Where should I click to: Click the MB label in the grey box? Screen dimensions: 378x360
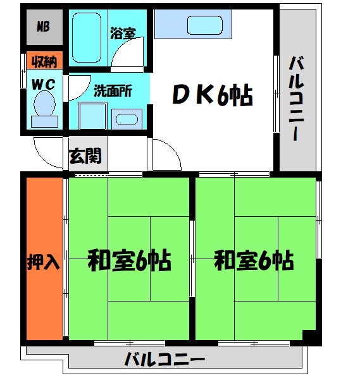pos(43,27)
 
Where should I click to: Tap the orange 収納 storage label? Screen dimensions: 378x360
pos(44,61)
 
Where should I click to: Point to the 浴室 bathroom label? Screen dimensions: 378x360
pos(122,33)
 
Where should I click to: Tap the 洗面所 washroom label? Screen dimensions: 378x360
pos(113,90)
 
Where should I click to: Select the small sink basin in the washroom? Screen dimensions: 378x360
pos(128,118)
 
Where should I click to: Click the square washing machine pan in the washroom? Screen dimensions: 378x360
pos(93,116)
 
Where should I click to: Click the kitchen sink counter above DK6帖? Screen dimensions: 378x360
pos(190,25)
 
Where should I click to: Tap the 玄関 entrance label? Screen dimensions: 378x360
pos(85,155)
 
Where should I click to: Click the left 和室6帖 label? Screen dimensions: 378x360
pos(128,260)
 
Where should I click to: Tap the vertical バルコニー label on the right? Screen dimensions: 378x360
pos(297,99)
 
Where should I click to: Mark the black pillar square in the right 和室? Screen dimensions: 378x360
pos(308,336)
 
